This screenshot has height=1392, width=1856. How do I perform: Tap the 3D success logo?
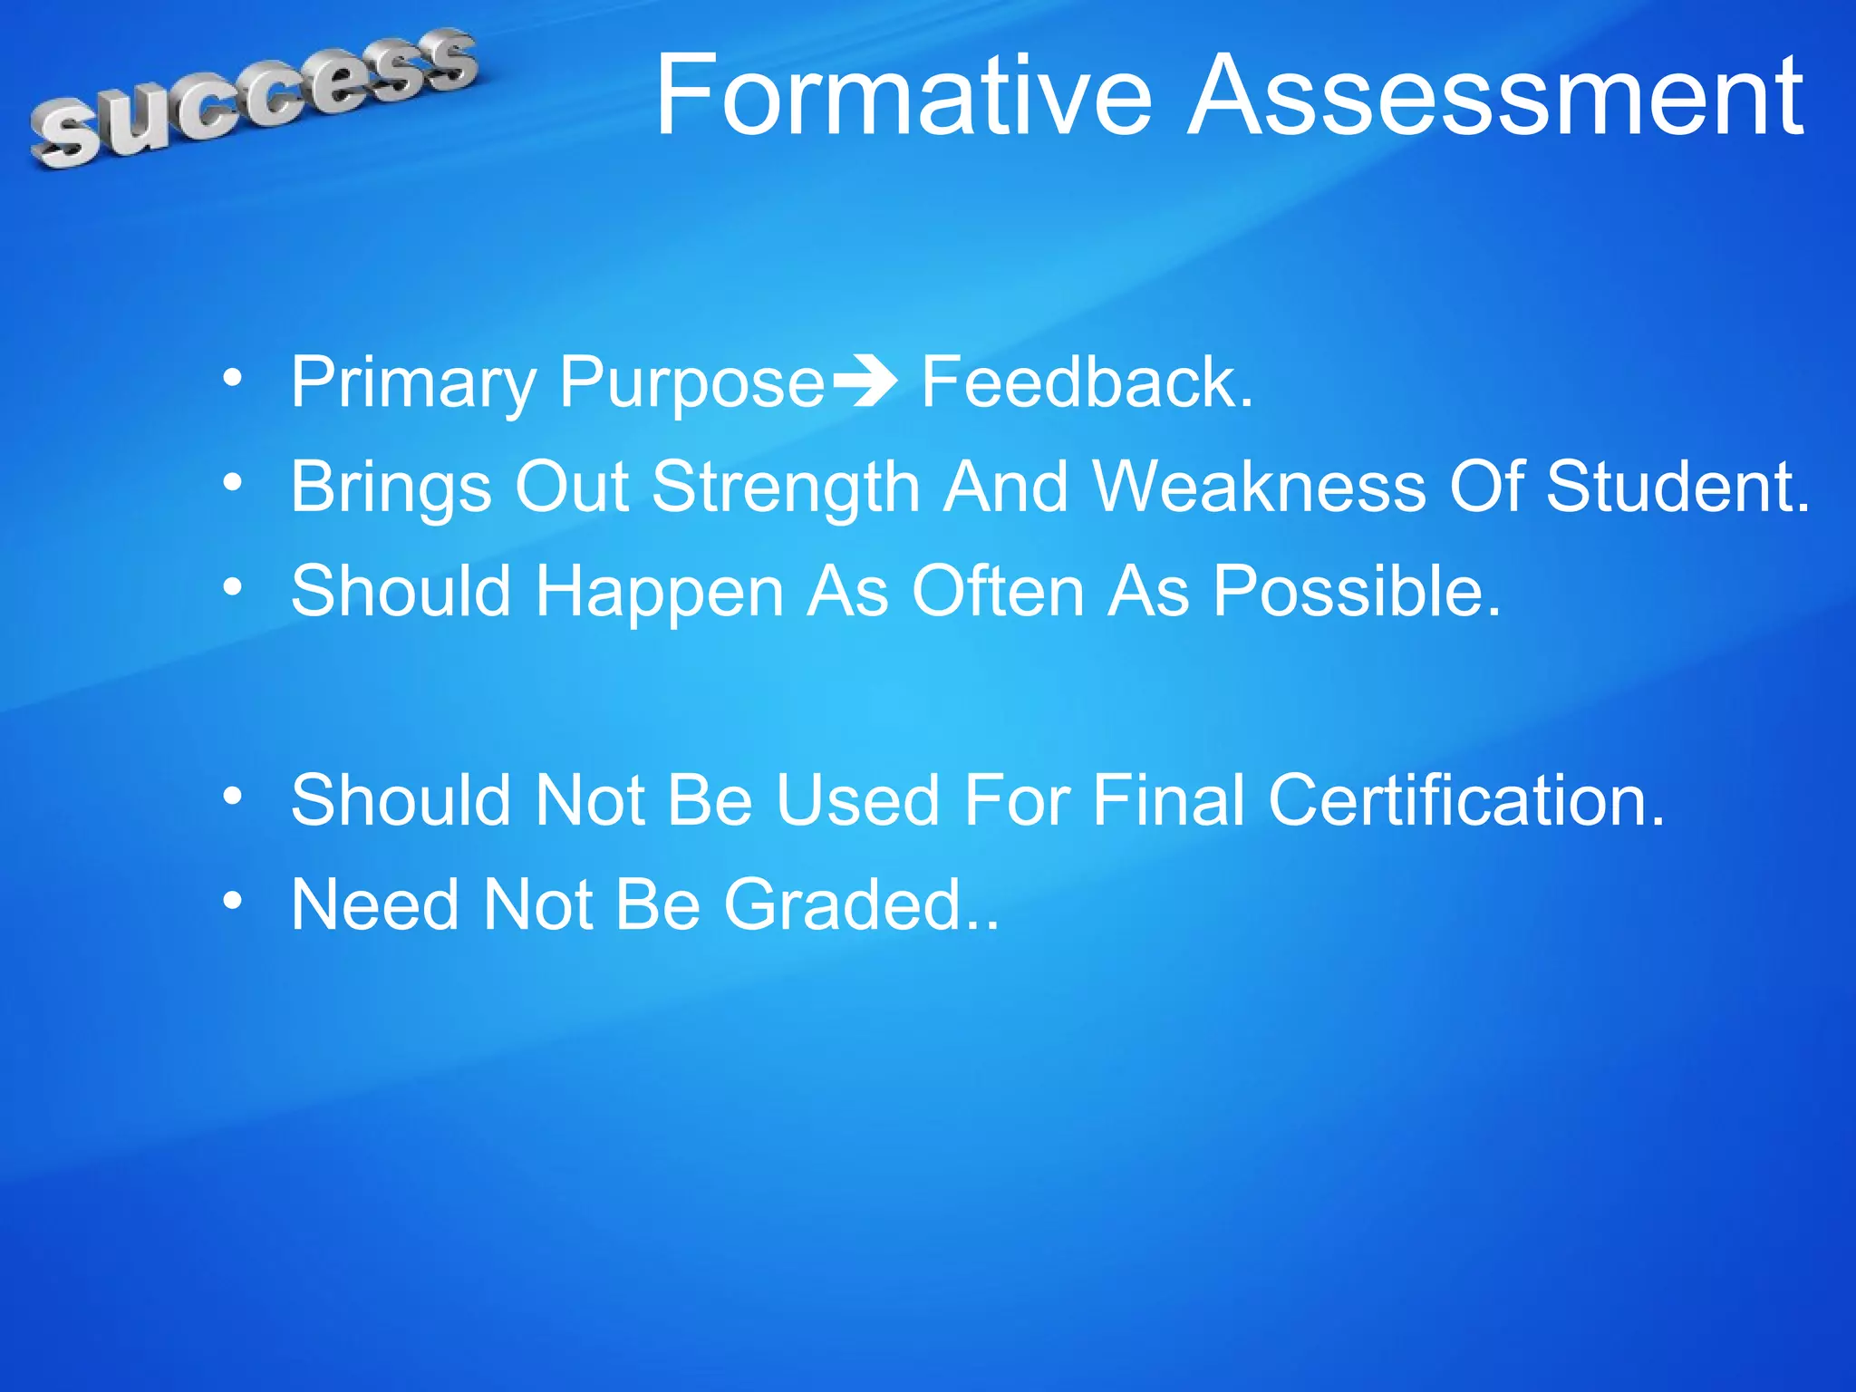coord(254,98)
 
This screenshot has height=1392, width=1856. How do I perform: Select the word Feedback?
coord(1086,383)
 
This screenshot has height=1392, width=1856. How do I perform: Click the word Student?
coord(1677,488)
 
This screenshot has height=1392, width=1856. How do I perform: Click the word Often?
coord(998,592)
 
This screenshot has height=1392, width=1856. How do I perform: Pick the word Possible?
coord(1356,592)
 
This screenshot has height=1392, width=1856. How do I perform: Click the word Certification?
coord(1465,801)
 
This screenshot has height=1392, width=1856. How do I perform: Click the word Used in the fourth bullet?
coord(856,801)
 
